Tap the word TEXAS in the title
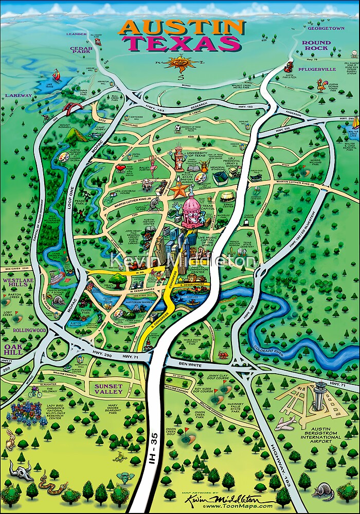pos(181,44)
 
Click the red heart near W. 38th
pos(120,168)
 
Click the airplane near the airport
pos(285,423)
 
